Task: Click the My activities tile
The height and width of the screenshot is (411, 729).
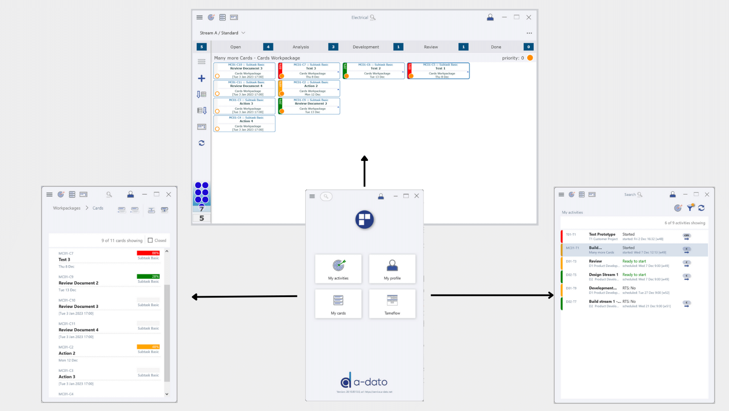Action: point(338,269)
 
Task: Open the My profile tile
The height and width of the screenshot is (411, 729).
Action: point(392,269)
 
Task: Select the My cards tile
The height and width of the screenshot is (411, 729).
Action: point(338,304)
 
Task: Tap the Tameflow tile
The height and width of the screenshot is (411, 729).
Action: point(392,304)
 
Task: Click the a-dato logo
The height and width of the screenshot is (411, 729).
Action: point(364,381)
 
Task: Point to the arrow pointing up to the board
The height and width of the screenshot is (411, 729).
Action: point(364,171)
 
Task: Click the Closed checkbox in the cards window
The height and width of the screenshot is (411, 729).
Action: point(150,240)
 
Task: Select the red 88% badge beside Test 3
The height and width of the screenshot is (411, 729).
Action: point(148,253)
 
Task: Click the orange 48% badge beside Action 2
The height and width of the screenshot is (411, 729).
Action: point(148,347)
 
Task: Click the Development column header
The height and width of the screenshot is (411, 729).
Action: point(366,47)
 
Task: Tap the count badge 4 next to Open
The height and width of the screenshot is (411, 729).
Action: point(268,47)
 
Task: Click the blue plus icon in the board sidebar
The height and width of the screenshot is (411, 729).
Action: point(201,79)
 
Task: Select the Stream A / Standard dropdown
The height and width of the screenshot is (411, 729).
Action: point(222,33)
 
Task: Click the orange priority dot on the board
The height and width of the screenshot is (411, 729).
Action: point(530,58)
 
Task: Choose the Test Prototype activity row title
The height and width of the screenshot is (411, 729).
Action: point(602,234)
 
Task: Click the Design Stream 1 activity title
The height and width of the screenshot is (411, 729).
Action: point(603,274)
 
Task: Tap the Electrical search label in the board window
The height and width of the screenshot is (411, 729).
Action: point(360,17)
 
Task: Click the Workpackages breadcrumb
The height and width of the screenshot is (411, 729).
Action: point(67,208)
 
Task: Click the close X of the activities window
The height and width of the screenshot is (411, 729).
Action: point(707,194)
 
